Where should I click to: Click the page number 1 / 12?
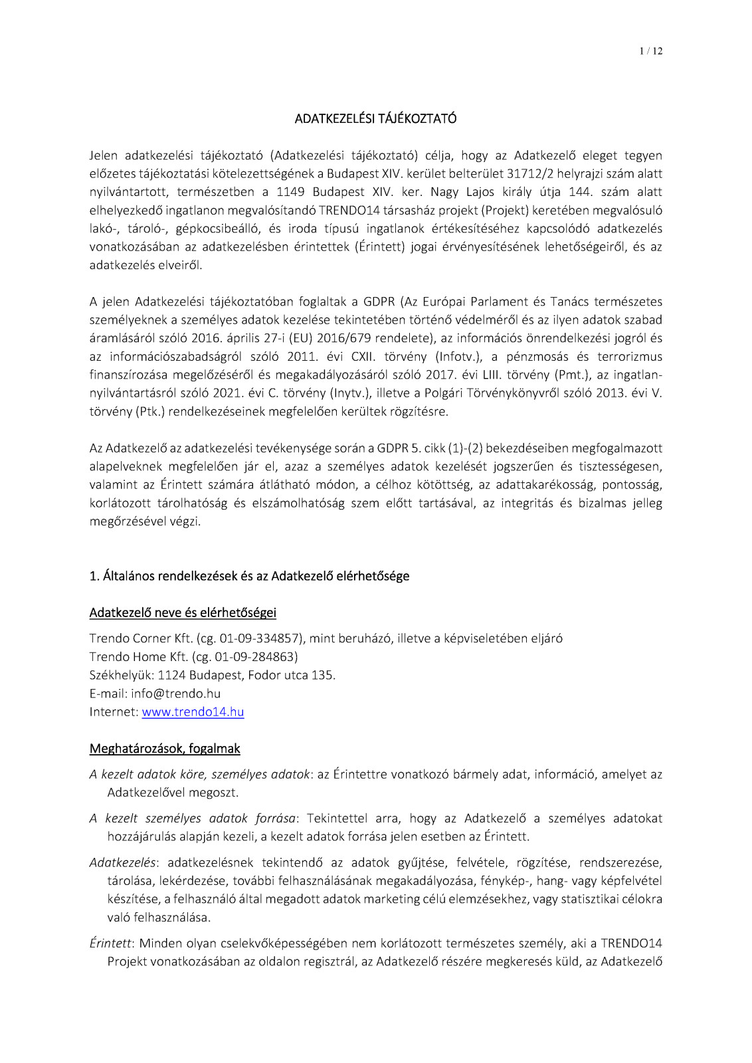(x=650, y=51)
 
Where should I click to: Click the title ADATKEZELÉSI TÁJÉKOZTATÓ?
(x=375, y=119)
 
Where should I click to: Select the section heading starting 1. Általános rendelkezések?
(x=249, y=576)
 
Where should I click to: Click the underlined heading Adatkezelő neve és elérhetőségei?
(x=183, y=613)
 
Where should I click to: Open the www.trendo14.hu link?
(x=193, y=712)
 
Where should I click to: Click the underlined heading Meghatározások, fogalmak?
(x=165, y=749)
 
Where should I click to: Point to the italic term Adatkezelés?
(x=122, y=863)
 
